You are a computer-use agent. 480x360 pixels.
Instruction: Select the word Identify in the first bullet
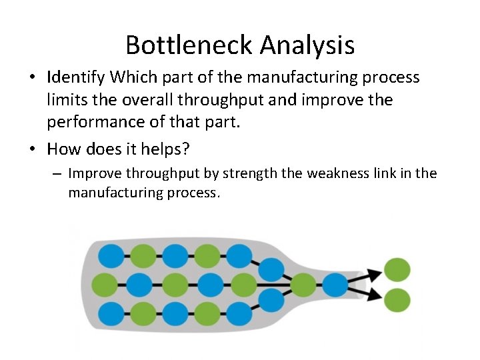coord(76,78)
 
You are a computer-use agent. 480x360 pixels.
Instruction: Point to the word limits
coord(65,100)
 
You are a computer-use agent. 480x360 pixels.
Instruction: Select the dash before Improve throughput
coord(57,175)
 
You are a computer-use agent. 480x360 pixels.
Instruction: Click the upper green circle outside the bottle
coord(397,270)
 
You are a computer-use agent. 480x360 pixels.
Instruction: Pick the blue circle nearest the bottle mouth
coord(335,285)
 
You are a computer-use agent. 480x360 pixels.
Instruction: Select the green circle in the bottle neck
coord(303,285)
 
